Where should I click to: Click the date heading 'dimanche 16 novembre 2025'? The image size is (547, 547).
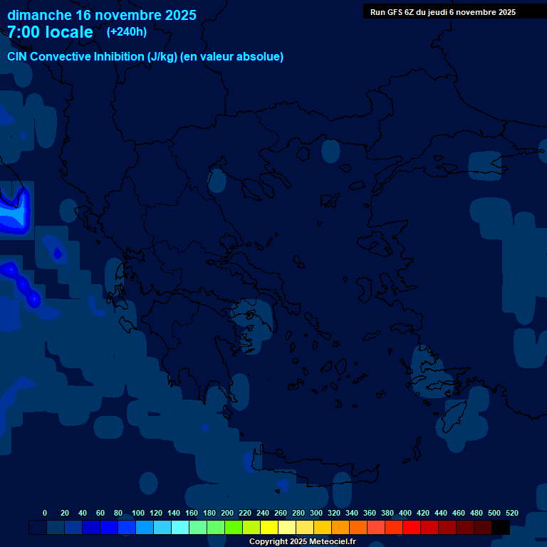coord(102,15)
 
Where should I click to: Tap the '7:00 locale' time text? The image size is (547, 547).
coord(50,32)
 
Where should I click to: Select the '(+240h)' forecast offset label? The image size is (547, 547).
coord(126,32)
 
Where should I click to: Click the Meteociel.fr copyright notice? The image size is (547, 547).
coord(302,541)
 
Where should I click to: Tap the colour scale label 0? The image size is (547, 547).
coord(45,513)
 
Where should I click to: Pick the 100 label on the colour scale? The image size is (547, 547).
coord(138,513)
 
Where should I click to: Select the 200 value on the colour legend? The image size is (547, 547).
coord(227,513)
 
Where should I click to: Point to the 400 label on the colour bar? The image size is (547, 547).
coord(405,513)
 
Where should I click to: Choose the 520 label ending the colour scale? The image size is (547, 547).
coord(511,513)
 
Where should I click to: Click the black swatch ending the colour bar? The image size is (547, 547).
coord(501,527)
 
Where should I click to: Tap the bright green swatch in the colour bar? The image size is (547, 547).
coord(234,527)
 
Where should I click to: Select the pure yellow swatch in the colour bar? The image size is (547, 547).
coord(269,527)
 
